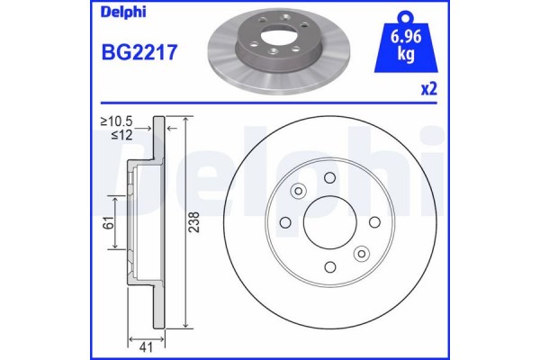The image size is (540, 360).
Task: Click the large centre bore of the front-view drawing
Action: (x=328, y=221)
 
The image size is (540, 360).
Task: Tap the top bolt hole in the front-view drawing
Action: (x=328, y=177)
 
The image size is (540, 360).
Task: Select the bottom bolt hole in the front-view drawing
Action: (x=328, y=265)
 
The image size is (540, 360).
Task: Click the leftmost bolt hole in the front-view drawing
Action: (x=284, y=221)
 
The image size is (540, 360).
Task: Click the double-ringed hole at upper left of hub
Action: (x=297, y=190)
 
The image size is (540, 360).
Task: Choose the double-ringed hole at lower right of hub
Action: (x=360, y=253)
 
